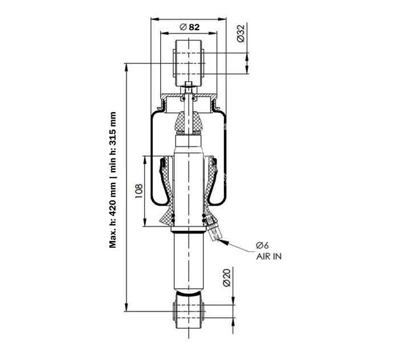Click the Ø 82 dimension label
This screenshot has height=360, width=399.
[189, 27]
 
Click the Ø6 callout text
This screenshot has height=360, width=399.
[262, 246]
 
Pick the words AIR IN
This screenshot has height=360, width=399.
[268, 257]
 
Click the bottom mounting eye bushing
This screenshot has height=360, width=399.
[189, 313]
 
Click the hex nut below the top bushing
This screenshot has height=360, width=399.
[189, 87]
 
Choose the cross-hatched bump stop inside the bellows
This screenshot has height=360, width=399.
[189, 122]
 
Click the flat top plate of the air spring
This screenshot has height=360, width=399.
[189, 95]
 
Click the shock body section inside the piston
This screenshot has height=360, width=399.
[189, 188]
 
